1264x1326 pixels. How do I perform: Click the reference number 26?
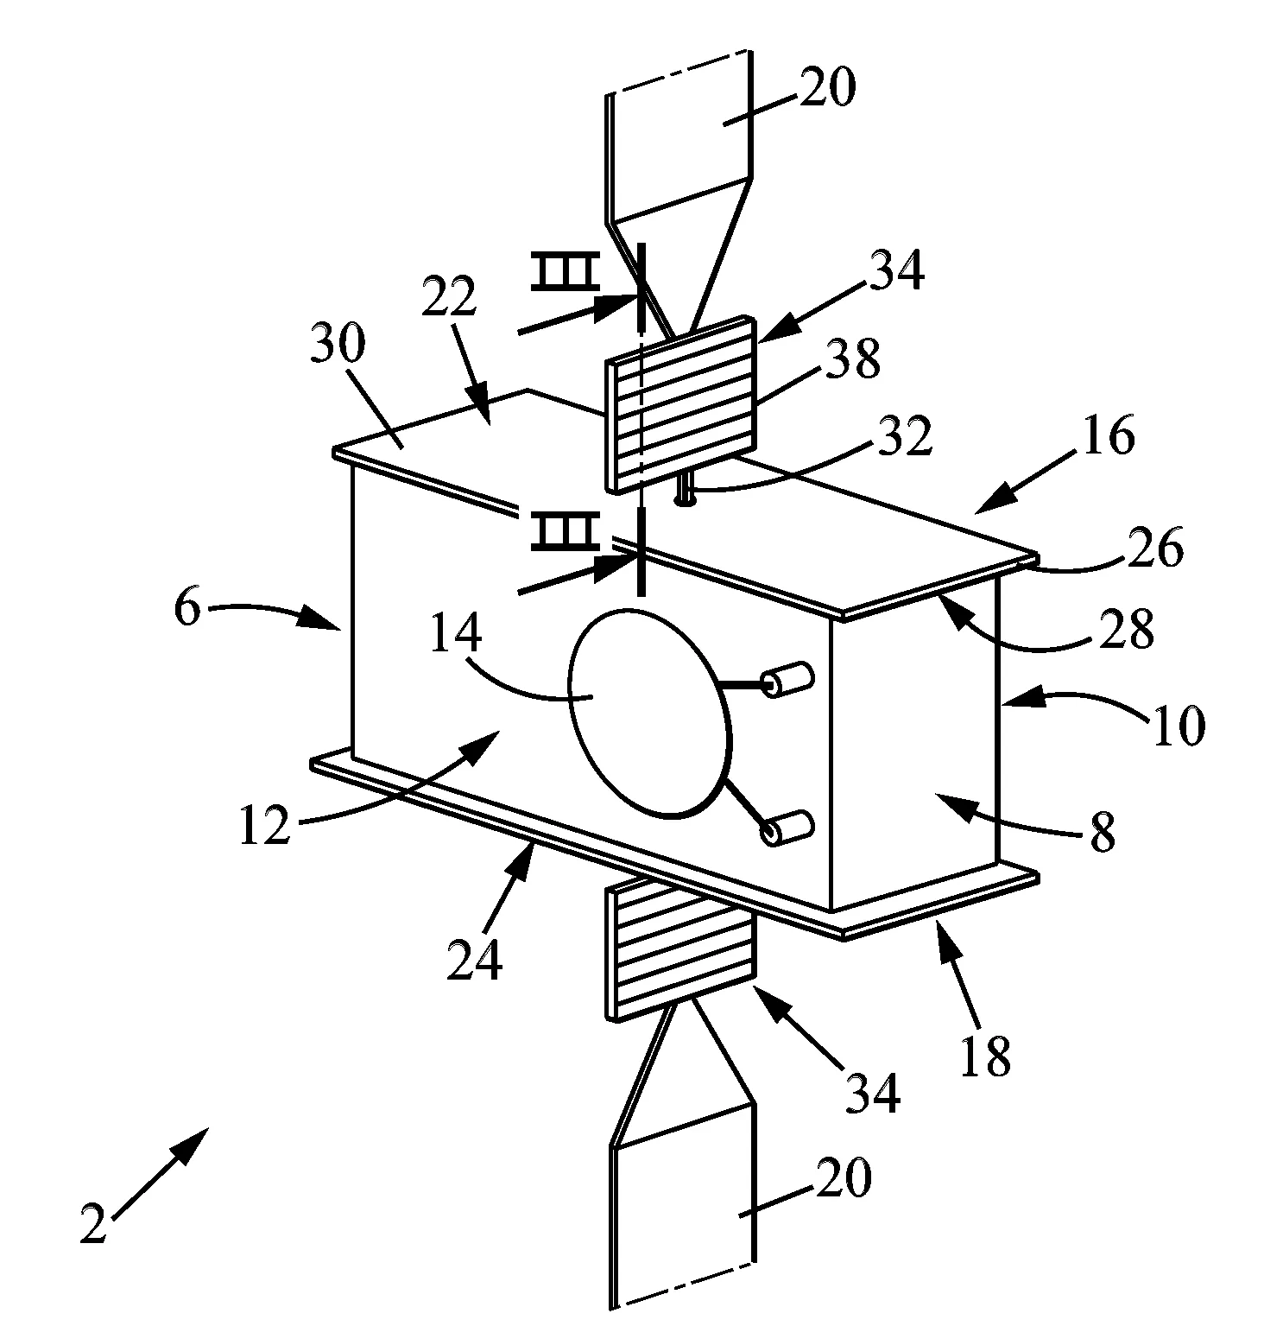pos(1156,549)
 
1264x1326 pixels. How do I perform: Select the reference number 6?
pos(187,609)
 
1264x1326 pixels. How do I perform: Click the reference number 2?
pos(92,1225)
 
